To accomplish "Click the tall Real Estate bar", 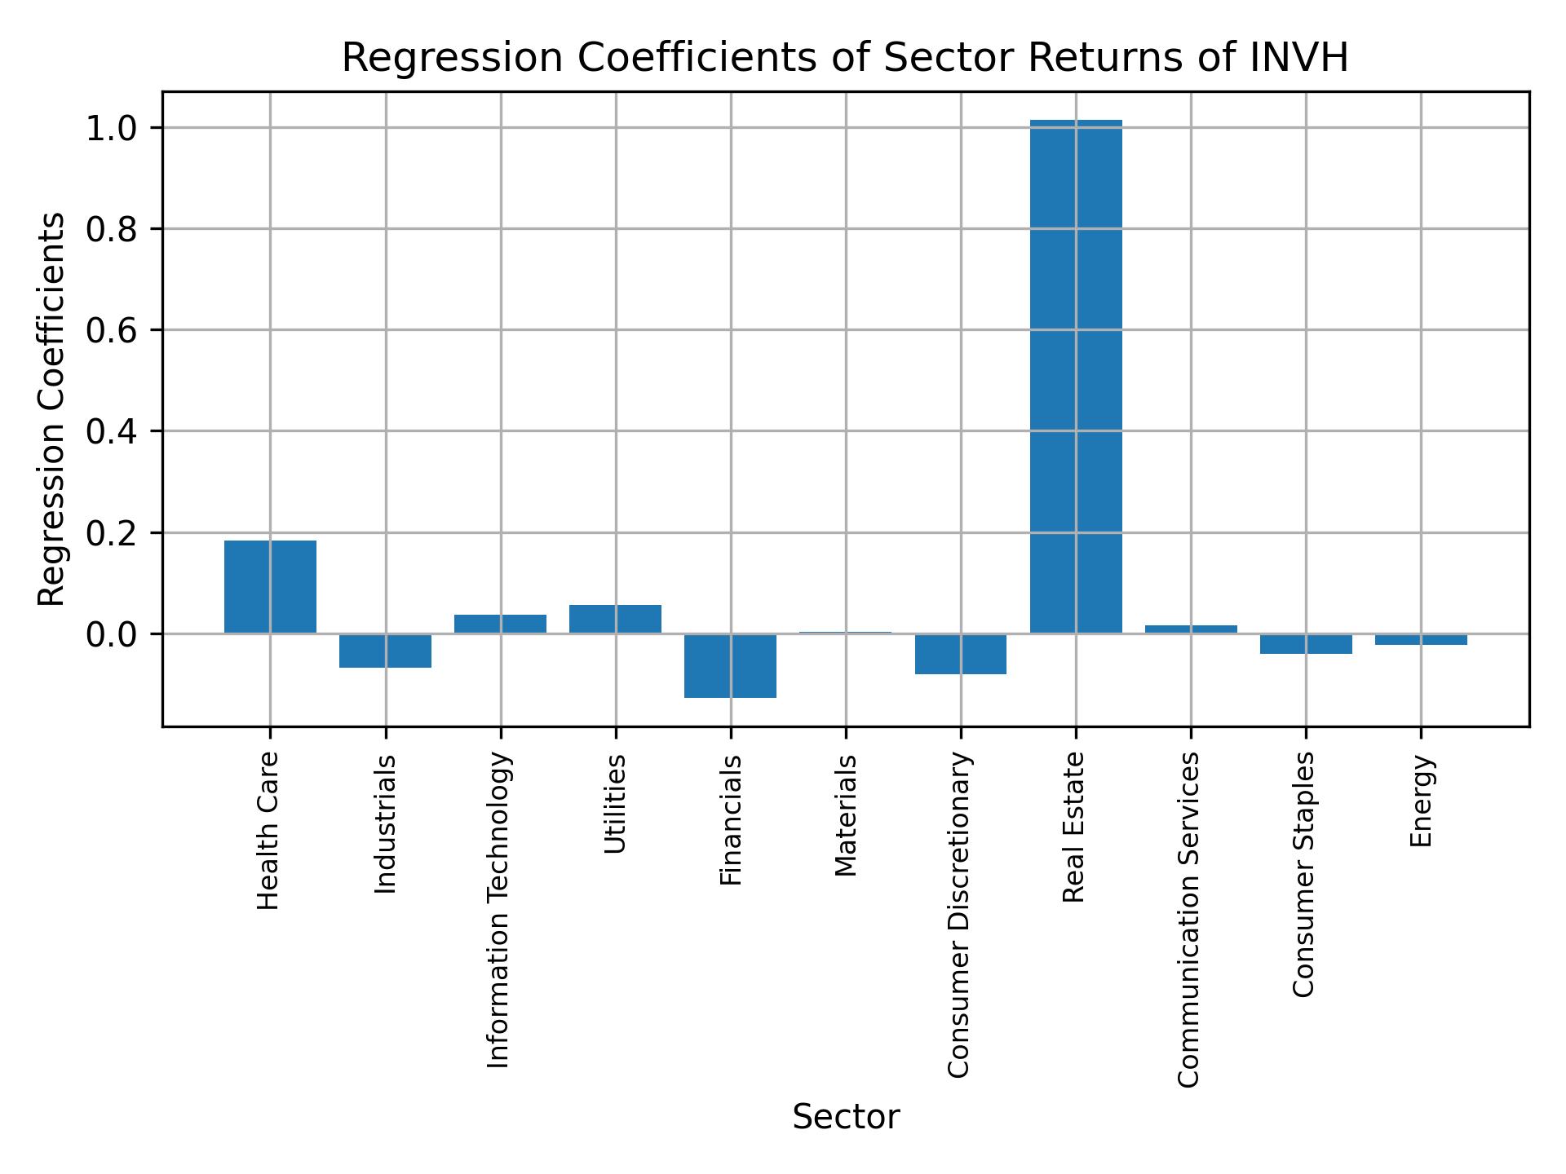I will [1075, 375].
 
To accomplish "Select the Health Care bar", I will [270, 586].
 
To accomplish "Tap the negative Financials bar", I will [730, 665].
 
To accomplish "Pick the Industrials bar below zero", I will [385, 651].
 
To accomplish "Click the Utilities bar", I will [615, 619].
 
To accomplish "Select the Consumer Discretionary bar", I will [960, 654].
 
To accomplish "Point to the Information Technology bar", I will [500, 624].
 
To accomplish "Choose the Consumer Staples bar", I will [1306, 643].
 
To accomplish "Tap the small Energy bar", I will [1421, 639].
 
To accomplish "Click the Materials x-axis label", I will [846, 815].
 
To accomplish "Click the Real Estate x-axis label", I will [1075, 827].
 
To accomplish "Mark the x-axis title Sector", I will [846, 1118].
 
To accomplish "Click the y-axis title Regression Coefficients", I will [52, 409].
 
